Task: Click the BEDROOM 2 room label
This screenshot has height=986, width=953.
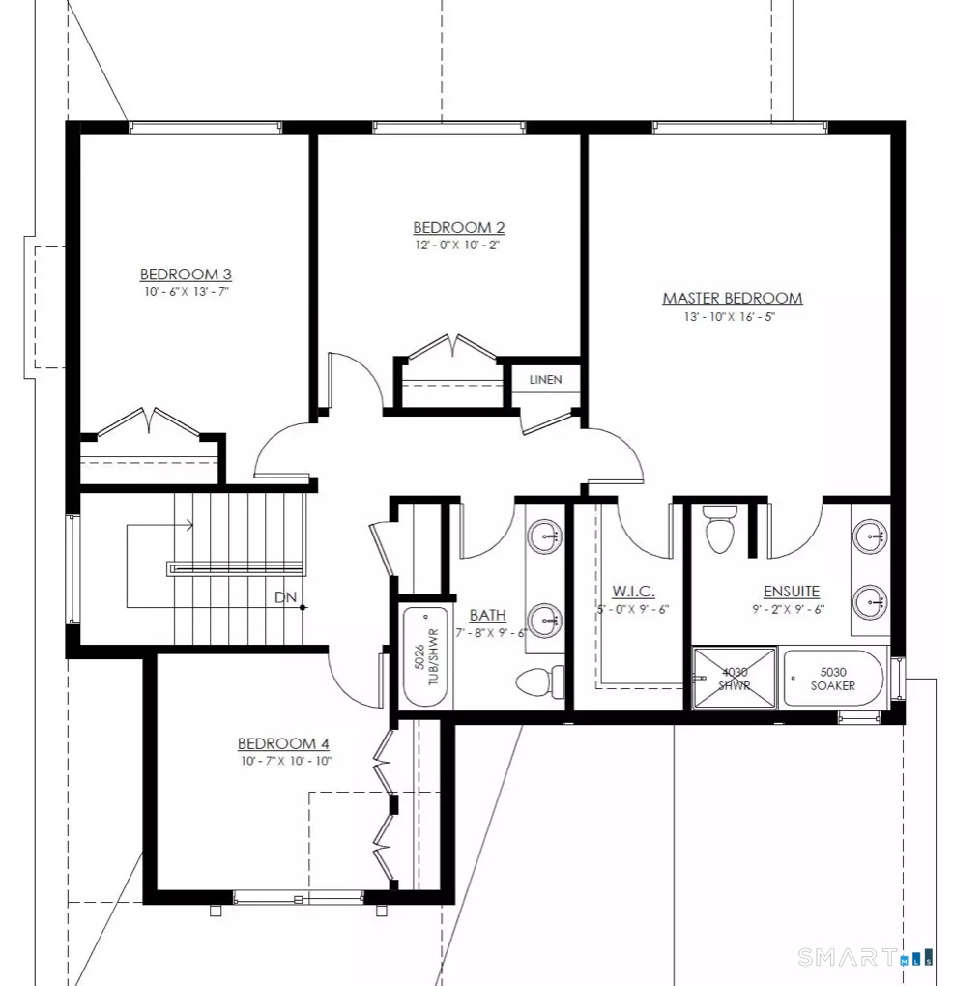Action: [458, 227]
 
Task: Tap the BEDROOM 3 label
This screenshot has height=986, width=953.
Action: [186, 275]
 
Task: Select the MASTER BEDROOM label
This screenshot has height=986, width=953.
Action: [733, 298]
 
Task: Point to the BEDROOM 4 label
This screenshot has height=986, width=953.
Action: [283, 743]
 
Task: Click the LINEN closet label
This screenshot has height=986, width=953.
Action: [546, 380]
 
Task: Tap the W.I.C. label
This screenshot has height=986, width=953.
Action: [633, 591]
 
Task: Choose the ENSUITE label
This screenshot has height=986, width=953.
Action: [792, 591]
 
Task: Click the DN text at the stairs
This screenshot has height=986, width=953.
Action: [285, 597]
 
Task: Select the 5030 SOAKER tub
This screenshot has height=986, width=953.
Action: [833, 679]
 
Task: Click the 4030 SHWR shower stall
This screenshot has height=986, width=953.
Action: [734, 679]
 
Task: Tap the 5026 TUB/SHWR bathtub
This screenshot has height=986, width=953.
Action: [426, 656]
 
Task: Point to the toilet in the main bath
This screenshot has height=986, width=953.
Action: [540, 681]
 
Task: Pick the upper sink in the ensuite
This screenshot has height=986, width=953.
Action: [870, 537]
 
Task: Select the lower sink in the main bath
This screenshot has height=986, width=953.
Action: [544, 621]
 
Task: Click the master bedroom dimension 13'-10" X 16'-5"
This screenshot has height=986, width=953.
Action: [729, 317]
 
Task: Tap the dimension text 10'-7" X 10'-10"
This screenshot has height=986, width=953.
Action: [286, 761]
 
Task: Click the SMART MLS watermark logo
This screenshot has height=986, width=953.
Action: [866, 957]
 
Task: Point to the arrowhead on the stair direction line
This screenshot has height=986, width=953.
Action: [189, 525]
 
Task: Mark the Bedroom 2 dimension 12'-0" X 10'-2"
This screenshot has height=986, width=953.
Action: [457, 246]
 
